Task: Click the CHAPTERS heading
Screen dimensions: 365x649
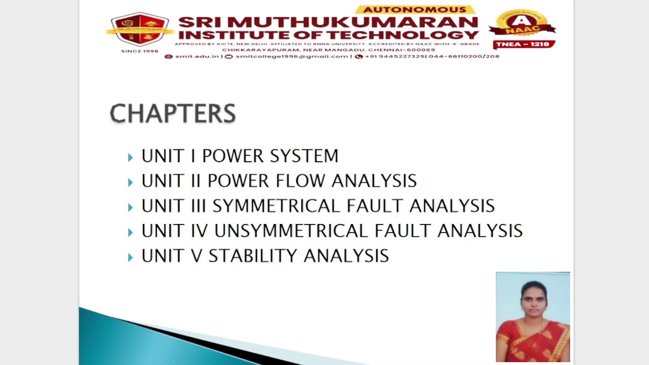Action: (x=173, y=113)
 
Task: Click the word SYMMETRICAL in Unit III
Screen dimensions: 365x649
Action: (x=277, y=206)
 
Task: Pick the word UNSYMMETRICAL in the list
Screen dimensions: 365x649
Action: (x=292, y=231)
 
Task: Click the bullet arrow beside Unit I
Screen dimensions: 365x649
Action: (x=130, y=157)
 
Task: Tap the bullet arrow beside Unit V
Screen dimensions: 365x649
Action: (x=130, y=257)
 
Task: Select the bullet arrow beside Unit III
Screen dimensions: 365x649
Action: (x=130, y=207)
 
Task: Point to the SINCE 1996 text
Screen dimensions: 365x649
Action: (x=140, y=51)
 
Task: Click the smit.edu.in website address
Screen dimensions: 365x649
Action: (x=197, y=56)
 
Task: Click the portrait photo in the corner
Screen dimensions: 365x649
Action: (x=533, y=317)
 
